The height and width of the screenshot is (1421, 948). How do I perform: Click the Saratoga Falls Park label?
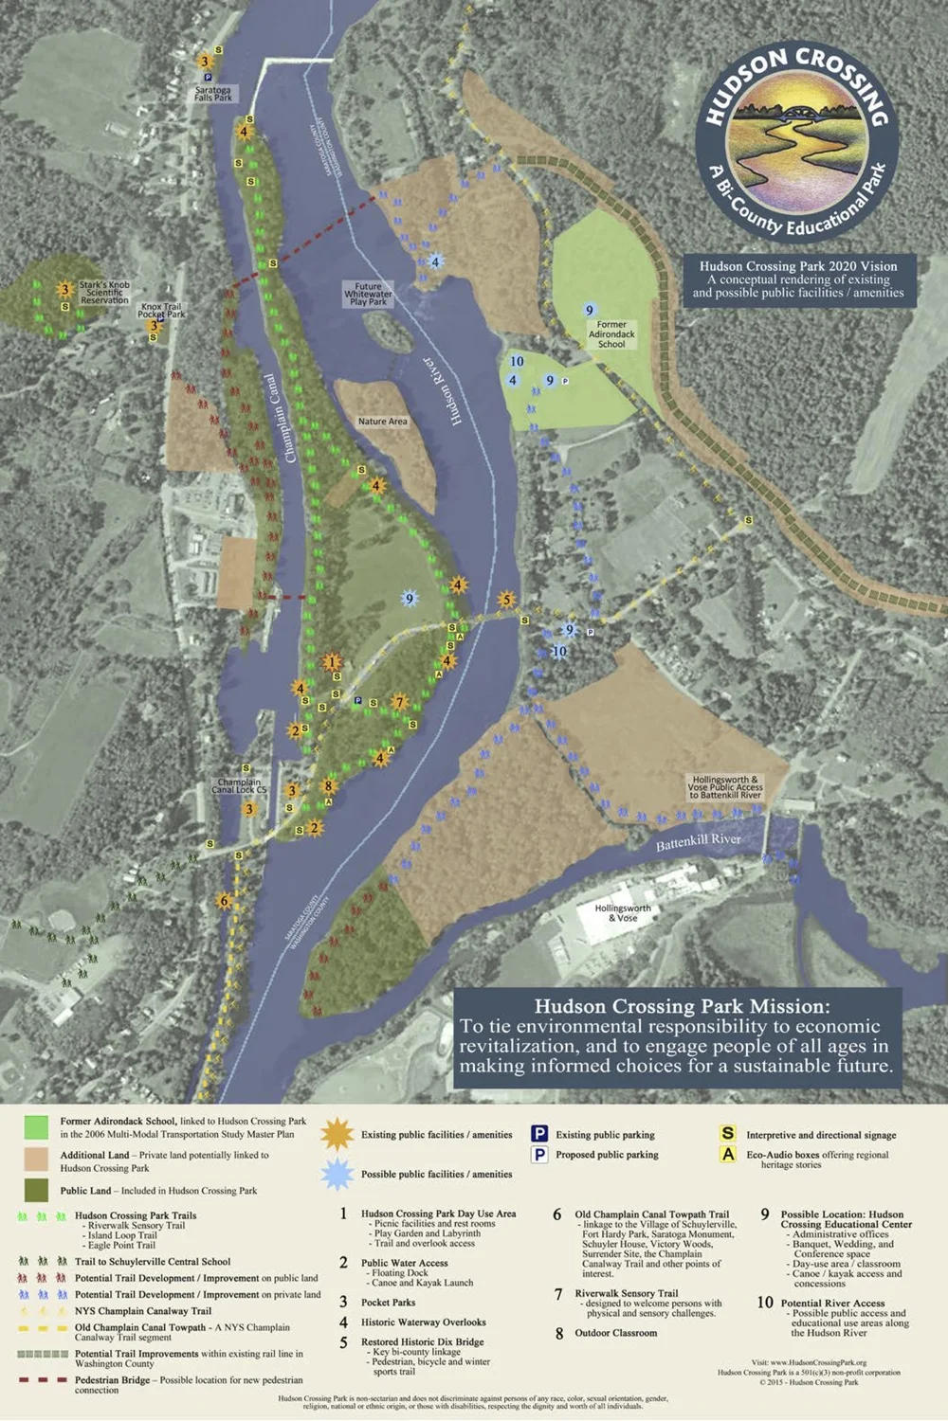click(213, 94)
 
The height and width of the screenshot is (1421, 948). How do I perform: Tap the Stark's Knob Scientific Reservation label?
click(104, 293)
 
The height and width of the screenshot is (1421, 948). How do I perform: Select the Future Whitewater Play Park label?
click(368, 294)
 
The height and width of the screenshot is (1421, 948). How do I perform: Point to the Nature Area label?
click(382, 422)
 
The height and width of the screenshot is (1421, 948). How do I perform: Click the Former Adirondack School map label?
click(611, 334)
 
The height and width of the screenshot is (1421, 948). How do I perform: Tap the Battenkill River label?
click(699, 840)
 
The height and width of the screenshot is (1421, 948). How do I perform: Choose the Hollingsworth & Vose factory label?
click(623, 912)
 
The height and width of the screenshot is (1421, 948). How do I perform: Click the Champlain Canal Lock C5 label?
click(239, 786)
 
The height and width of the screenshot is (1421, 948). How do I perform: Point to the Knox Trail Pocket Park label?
click(161, 311)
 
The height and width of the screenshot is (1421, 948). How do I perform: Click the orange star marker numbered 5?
click(506, 600)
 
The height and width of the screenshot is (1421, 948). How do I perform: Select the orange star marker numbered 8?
click(329, 785)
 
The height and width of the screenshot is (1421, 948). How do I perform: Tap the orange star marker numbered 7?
click(399, 702)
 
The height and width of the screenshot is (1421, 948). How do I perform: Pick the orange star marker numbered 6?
click(225, 901)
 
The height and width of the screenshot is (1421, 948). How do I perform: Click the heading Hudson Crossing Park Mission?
click(681, 1006)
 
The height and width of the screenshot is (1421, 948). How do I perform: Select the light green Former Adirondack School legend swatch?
click(36, 1127)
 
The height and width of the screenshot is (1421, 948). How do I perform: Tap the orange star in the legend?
click(337, 1134)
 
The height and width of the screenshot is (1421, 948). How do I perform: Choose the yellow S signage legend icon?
click(728, 1133)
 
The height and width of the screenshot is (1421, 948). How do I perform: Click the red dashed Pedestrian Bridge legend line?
click(43, 1380)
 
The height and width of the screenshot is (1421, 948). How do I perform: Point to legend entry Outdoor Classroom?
click(615, 1333)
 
